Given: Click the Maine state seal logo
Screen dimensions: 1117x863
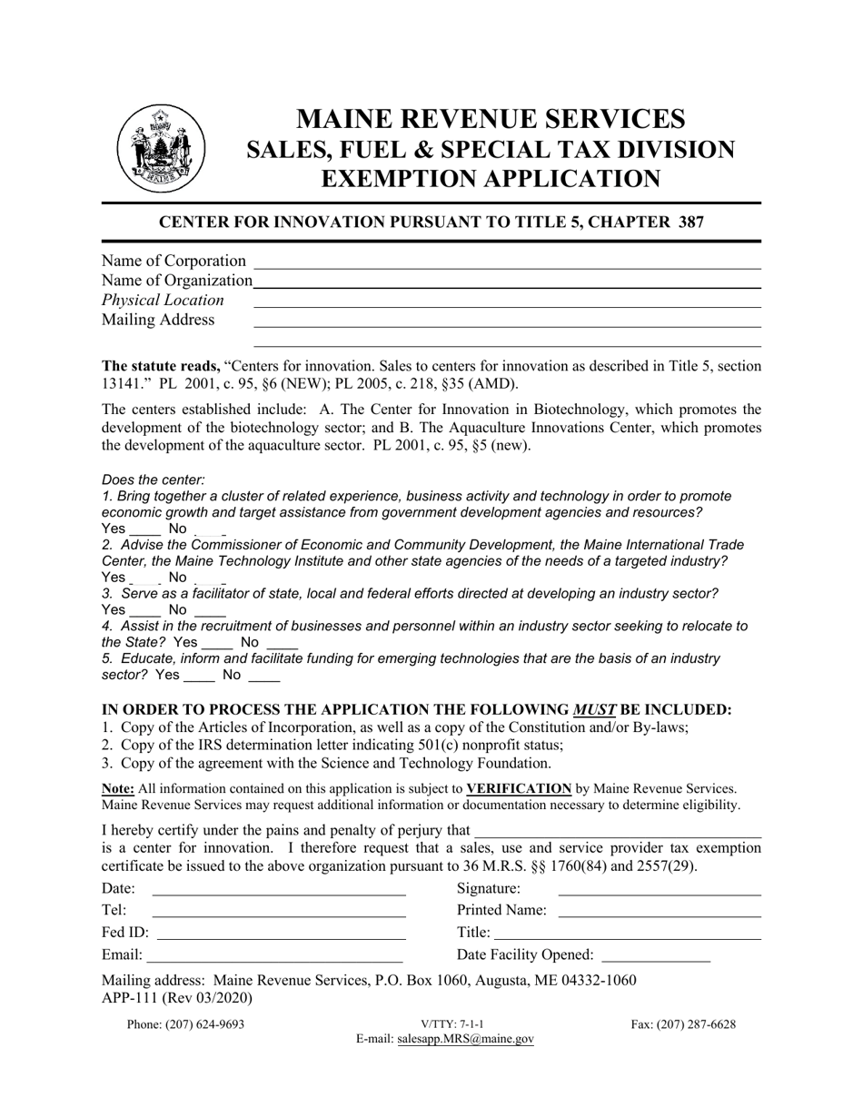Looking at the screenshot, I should click(x=159, y=148).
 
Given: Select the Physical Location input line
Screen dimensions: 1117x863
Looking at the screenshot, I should click(x=506, y=306).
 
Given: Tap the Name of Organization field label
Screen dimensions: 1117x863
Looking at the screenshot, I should click(x=177, y=281).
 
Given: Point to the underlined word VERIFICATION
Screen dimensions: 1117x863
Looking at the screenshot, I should click(x=519, y=788).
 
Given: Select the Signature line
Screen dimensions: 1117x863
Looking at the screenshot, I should click(x=659, y=895).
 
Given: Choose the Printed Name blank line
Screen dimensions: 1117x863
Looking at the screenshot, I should click(x=659, y=917).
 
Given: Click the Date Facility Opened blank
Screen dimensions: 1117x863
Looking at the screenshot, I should click(x=656, y=960).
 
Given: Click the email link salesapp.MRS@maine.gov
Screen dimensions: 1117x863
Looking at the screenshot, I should click(x=465, y=1040).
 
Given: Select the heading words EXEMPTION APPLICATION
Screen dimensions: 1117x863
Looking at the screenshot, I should click(x=491, y=179).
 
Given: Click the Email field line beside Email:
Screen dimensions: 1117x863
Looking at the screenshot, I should click(x=274, y=960).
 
